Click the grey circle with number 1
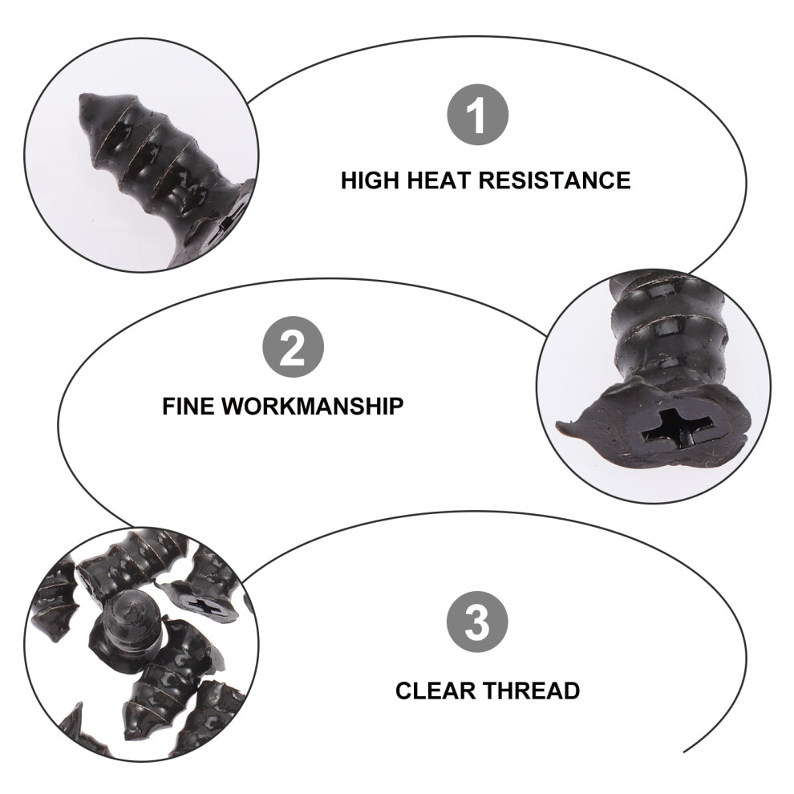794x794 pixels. (x=477, y=115)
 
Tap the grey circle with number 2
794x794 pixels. (x=293, y=346)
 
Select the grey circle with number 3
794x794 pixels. (x=477, y=622)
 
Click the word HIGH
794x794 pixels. (x=371, y=180)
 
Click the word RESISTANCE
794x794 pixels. (x=555, y=180)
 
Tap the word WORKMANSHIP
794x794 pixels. (x=313, y=406)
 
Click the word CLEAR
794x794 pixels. (x=435, y=691)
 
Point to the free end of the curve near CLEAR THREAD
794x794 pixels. (x=685, y=751)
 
